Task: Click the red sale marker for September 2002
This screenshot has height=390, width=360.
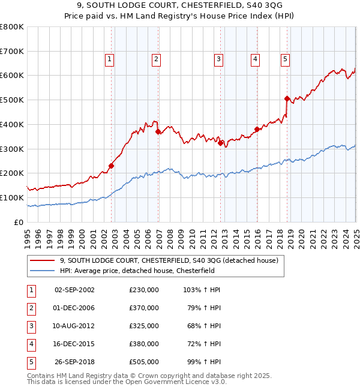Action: [111, 166]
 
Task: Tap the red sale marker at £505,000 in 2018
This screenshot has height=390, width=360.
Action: [287, 98]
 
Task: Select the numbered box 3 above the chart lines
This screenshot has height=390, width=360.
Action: [219, 59]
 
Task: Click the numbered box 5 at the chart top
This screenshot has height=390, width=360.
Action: [284, 59]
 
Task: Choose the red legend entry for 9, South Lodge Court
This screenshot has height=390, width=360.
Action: [168, 261]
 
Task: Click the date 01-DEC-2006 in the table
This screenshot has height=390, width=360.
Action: [74, 308]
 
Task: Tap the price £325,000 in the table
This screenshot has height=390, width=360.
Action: [144, 326]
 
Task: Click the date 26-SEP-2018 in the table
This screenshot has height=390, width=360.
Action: [74, 362]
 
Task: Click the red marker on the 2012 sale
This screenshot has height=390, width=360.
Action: [220, 143]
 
